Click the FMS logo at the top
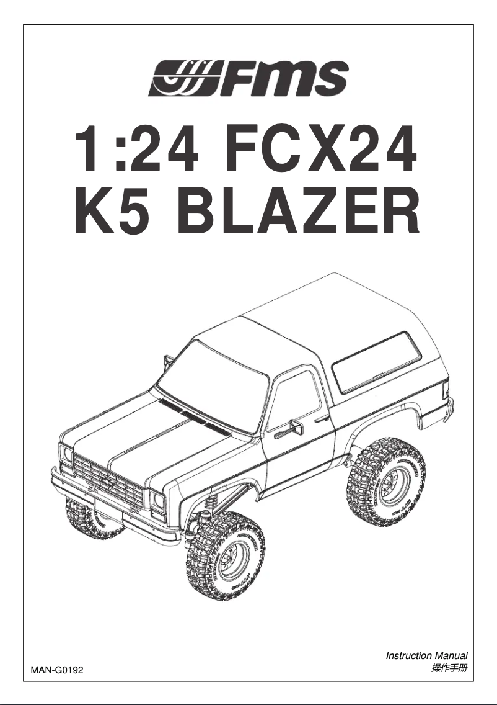(248, 78)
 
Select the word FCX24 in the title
(317, 151)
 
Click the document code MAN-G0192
(56, 670)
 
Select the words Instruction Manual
(426, 655)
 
